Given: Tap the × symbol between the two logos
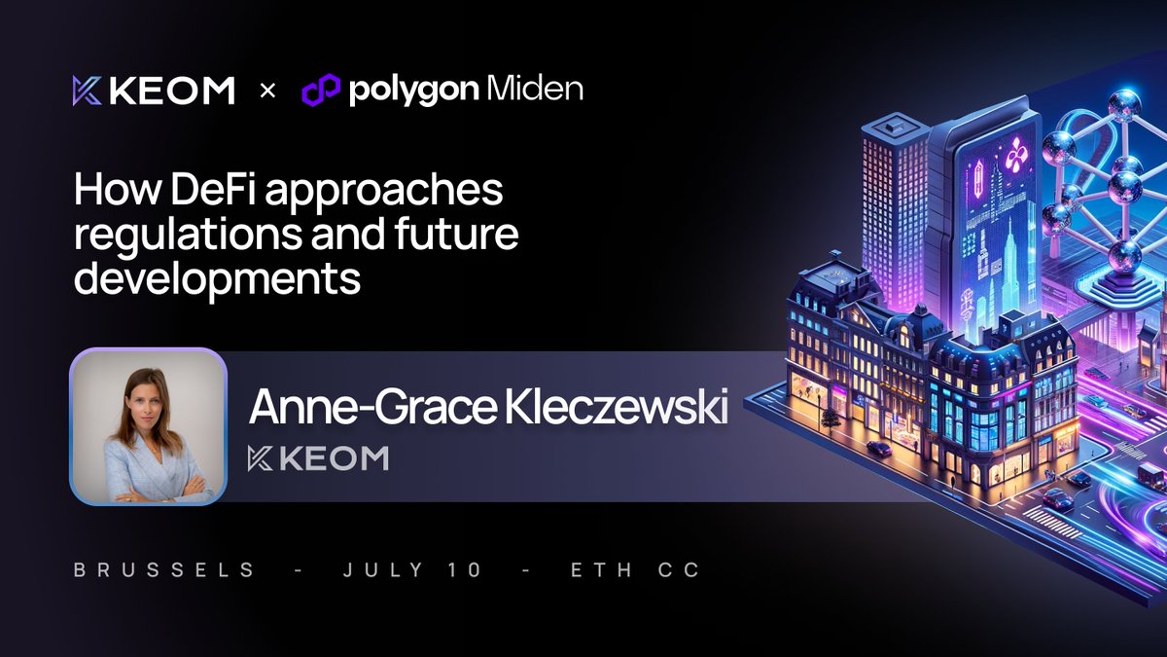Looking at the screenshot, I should [268, 91].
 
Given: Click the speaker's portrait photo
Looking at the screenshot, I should [148, 426].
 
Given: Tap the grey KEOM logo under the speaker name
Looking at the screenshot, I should [318, 458].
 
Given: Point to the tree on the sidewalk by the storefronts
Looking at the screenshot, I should [830, 420].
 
